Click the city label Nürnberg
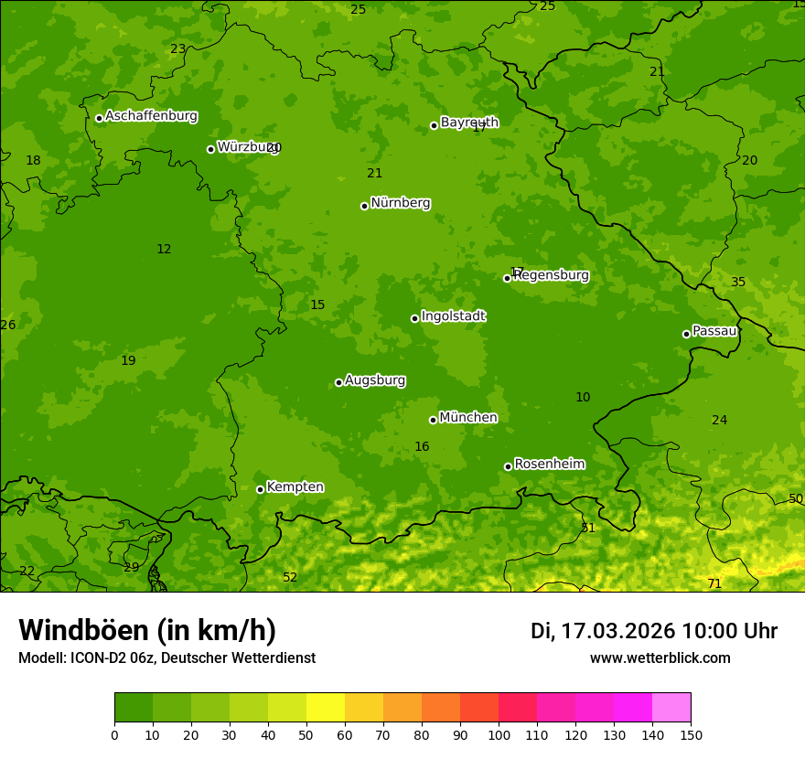click(x=400, y=203)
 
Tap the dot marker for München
click(x=433, y=420)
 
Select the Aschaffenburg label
click(x=151, y=116)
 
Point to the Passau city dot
click(x=686, y=334)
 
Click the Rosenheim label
click(x=549, y=465)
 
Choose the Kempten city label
click(x=295, y=487)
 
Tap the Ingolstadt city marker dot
click(x=414, y=318)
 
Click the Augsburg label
click(x=375, y=380)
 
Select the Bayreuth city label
click(x=469, y=123)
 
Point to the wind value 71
click(x=714, y=583)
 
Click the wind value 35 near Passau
click(x=738, y=282)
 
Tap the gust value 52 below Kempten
click(x=290, y=577)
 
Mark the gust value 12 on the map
click(x=164, y=249)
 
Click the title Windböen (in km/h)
click(x=147, y=630)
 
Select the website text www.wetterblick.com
click(x=660, y=657)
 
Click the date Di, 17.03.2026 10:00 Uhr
click(x=654, y=631)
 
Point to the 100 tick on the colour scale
click(x=499, y=734)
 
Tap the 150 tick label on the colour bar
click(x=691, y=734)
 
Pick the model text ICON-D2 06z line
click(x=166, y=657)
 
